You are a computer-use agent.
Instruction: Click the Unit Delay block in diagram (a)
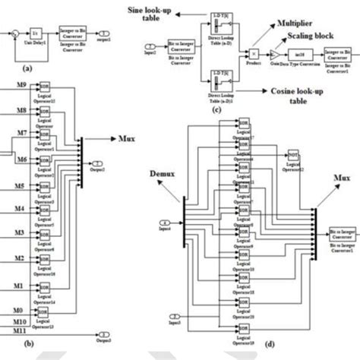35,33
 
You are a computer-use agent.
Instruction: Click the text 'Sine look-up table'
166,13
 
